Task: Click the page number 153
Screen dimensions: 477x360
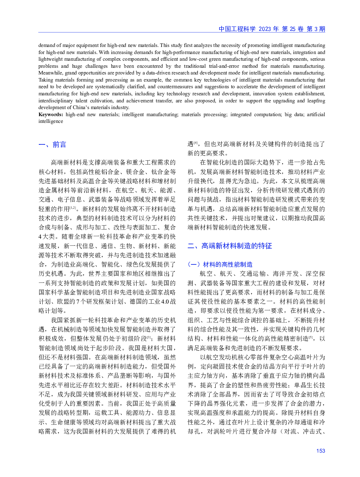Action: tap(320, 451)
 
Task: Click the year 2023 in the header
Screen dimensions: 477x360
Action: tap(265, 29)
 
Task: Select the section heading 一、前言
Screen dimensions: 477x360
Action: tap(52, 144)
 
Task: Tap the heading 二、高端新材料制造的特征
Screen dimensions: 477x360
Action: tap(230, 246)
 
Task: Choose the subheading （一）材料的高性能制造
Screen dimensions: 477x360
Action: tap(220, 264)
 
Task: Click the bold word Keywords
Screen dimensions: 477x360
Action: tap(51, 114)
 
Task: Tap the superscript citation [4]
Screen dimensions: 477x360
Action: tap(196, 143)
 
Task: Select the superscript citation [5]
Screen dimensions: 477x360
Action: tap(311, 337)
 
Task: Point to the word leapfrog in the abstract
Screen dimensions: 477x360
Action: tap(317, 101)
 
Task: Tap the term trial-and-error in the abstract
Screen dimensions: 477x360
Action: tap(224, 66)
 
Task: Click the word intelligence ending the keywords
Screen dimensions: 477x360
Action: tap(51, 121)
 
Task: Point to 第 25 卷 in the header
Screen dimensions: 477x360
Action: tap(293, 29)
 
